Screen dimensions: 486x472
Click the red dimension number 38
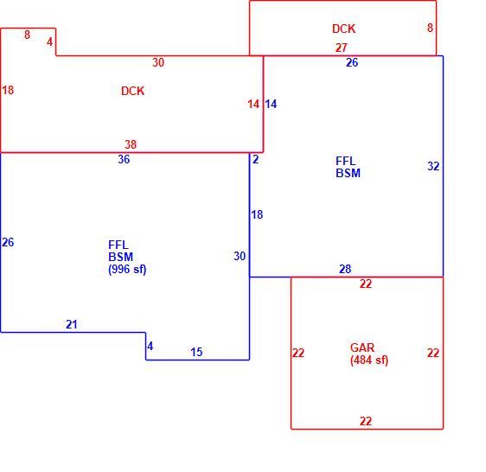131,144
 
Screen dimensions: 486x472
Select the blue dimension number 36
124,159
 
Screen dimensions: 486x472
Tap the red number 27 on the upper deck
342,48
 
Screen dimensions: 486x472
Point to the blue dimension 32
433,166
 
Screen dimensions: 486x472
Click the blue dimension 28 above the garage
345,269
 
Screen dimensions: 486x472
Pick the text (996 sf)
127,269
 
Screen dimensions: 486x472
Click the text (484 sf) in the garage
369,360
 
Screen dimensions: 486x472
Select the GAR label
362,348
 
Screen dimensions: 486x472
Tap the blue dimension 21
72,324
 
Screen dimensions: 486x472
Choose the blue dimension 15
196,352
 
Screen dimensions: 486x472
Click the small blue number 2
255,159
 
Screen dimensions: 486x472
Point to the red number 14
253,104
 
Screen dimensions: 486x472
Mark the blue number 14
271,104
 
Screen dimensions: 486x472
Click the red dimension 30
158,62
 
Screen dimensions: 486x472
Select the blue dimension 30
240,256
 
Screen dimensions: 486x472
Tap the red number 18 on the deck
8,90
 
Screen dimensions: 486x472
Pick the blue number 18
257,214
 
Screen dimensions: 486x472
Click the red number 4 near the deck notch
49,41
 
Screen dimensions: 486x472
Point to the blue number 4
150,346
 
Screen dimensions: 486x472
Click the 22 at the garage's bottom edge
366,421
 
